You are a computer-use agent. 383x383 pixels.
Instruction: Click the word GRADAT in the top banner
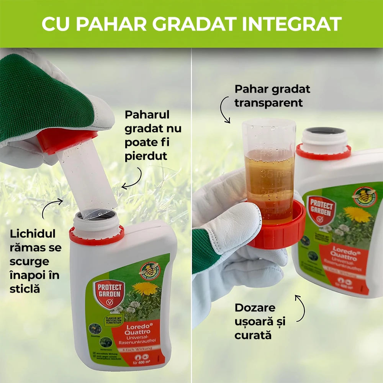click(201, 24)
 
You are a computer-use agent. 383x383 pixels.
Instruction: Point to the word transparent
click(268, 103)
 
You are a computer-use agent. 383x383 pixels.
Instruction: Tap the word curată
click(253, 335)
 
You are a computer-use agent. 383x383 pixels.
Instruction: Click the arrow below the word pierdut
click(132, 180)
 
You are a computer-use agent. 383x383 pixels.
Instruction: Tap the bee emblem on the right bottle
click(364, 196)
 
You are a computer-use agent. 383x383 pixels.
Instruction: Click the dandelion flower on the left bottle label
click(145, 288)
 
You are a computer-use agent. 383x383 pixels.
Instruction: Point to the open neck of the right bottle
click(324, 133)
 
